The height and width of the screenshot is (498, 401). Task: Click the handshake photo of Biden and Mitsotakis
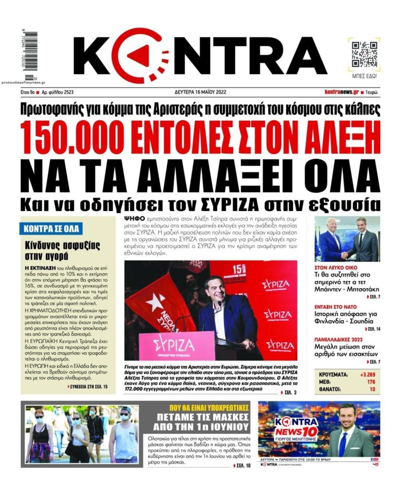[x=347, y=239]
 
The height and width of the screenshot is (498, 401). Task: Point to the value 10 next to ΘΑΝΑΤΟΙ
[x=373, y=389]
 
